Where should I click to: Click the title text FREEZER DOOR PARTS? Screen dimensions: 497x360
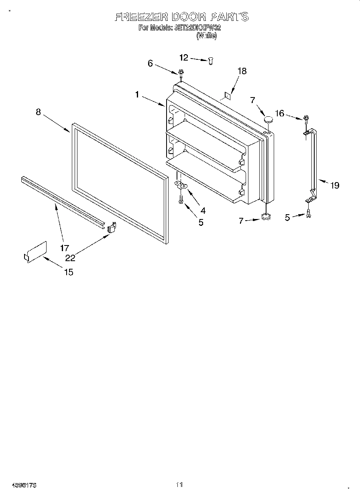point(181,17)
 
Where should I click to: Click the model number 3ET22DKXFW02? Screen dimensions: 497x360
point(197,28)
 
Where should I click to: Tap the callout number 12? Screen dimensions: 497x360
point(183,58)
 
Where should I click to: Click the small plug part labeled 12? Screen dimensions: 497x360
point(210,60)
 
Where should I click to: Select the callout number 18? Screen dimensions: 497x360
point(242,71)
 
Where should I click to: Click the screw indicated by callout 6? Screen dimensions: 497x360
point(181,73)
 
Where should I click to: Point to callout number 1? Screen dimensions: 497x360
point(137,95)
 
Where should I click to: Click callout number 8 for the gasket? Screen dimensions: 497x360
point(38,112)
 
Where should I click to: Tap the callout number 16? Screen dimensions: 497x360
point(279,114)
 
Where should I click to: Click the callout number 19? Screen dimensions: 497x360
point(334,185)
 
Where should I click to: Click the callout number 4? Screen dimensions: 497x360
point(203,209)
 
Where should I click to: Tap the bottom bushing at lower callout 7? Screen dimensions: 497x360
point(265,217)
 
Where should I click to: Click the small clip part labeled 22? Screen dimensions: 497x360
point(112,227)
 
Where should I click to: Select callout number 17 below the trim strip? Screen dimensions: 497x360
point(65,247)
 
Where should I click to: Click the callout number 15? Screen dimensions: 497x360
point(69,272)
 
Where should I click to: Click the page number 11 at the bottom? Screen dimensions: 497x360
point(179,485)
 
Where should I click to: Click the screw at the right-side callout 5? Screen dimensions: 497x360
point(308,214)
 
